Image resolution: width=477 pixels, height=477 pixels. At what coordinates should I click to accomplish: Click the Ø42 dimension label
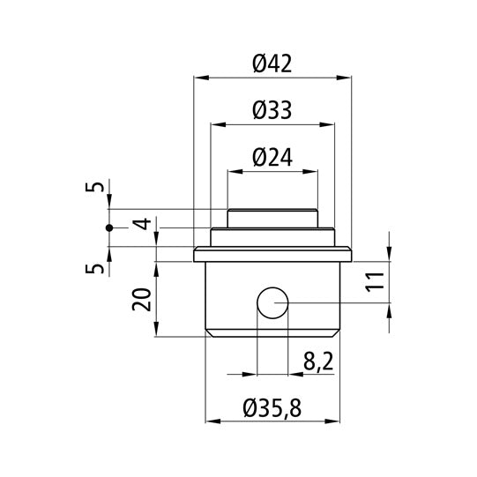[x=272, y=63]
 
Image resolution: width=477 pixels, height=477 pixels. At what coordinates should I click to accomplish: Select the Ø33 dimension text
[x=272, y=110]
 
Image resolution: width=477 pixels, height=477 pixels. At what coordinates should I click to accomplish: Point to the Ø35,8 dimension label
[x=272, y=408]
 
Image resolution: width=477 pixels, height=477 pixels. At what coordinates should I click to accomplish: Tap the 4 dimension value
[x=142, y=226]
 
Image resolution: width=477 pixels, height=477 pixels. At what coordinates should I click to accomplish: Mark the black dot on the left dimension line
[x=109, y=227]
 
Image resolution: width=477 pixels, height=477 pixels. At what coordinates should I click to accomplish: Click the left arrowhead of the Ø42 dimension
[x=198, y=78]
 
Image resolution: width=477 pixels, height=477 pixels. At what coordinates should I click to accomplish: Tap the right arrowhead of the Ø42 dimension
[x=346, y=78]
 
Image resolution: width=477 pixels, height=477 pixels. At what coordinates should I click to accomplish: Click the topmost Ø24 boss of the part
[x=272, y=217]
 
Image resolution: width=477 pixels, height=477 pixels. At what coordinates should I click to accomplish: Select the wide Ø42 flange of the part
[x=272, y=257]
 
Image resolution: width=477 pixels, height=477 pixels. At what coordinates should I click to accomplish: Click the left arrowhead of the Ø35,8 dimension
[x=210, y=422]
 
